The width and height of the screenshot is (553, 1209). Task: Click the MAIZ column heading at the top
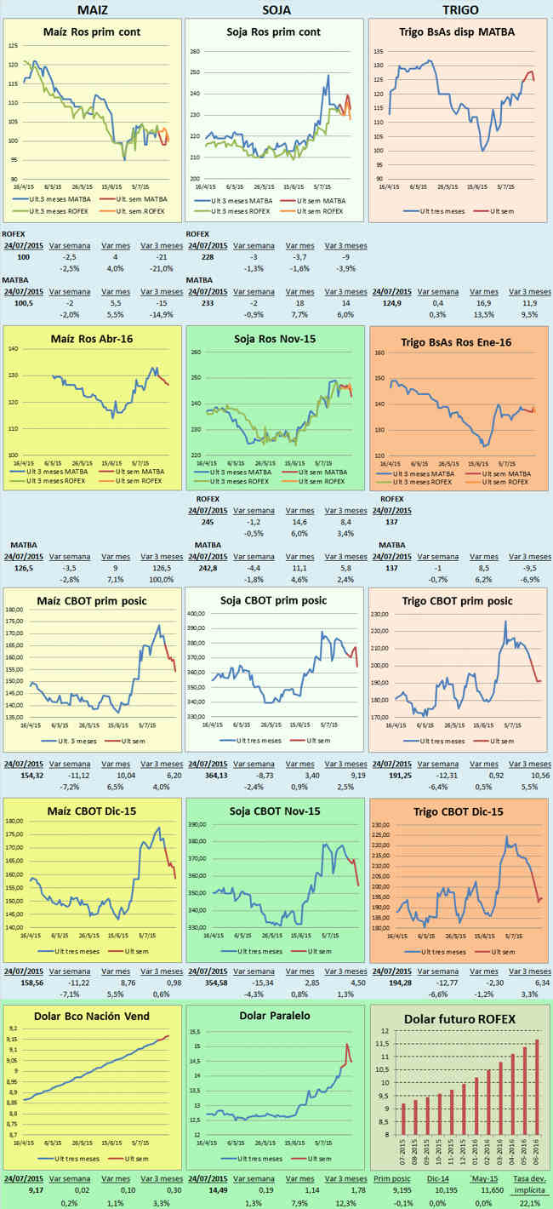coord(92,9)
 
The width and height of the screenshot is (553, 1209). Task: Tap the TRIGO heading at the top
coord(460,9)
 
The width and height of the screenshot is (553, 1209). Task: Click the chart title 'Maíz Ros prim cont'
coord(92,32)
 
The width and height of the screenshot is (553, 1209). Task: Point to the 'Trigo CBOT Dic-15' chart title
coord(456,811)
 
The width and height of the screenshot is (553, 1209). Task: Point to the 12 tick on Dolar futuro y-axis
coord(385,1031)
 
